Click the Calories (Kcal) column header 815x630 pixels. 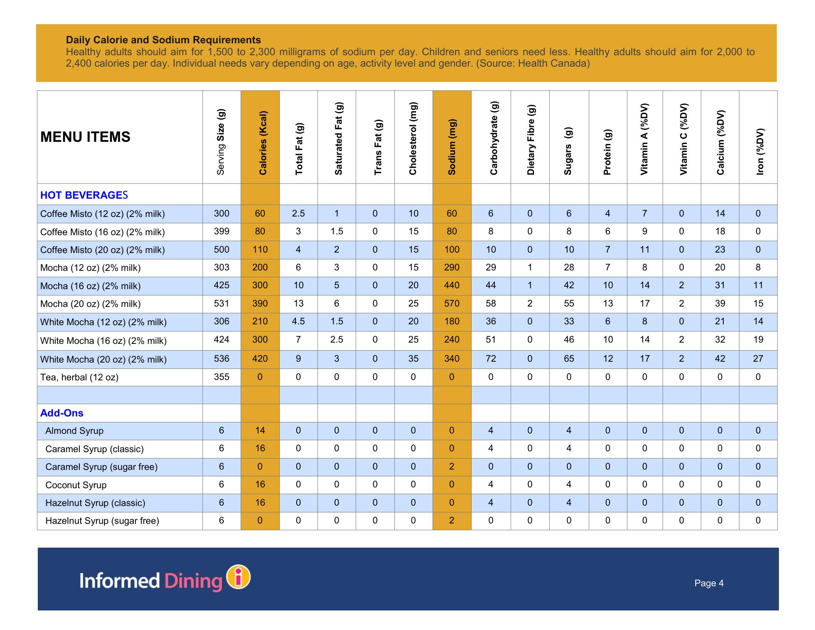tap(263, 143)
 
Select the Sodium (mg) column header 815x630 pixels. tap(452, 147)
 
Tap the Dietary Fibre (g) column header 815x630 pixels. tap(531, 140)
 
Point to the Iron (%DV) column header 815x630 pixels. tap(760, 151)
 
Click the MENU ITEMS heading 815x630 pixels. tap(85, 137)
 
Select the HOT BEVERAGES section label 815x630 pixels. tap(84, 195)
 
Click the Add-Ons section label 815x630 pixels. tap(62, 413)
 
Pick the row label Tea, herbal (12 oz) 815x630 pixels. tap(79, 377)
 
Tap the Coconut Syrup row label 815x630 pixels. tap(76, 485)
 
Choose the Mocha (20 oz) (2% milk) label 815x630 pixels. tap(90, 304)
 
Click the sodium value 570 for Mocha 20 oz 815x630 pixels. tap(452, 304)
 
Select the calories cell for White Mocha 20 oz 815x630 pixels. tap(260, 359)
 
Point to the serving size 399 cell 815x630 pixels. tap(222, 231)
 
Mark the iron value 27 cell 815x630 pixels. tap(758, 359)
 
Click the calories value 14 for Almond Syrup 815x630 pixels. tap(260, 430)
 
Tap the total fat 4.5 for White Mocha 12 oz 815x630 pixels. tap(298, 321)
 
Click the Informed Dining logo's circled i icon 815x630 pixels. tap(239, 577)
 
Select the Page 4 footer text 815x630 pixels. tap(709, 583)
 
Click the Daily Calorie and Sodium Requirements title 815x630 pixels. tap(163, 40)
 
